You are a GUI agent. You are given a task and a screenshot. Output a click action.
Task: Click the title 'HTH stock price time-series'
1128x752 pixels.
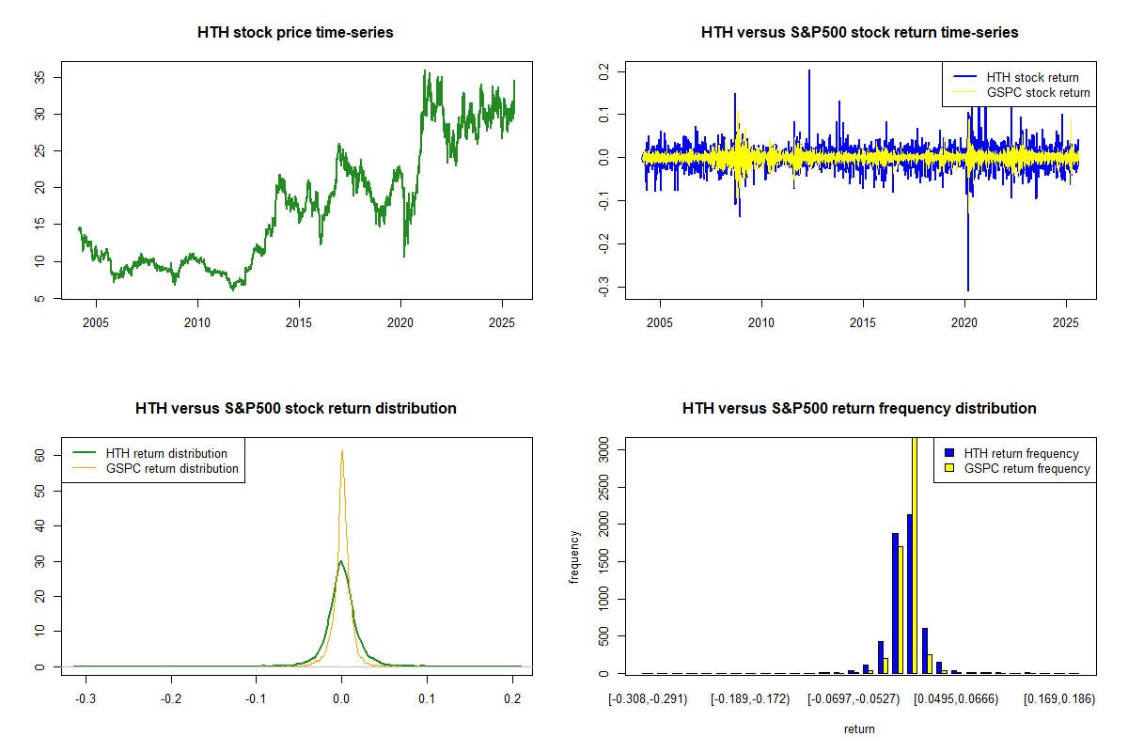pyautogui.click(x=295, y=33)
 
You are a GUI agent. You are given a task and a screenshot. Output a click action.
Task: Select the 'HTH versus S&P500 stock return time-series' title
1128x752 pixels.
pyautogui.click(x=859, y=33)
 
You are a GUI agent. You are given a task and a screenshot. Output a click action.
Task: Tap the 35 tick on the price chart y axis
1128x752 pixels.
pyautogui.click(x=40, y=77)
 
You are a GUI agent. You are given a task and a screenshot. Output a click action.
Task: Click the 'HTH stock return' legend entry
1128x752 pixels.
pyautogui.click(x=1032, y=77)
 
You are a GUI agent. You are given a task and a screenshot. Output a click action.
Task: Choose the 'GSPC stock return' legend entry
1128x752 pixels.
pyautogui.click(x=1038, y=92)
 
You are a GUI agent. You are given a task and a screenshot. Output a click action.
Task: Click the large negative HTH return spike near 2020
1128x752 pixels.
pyautogui.click(x=967, y=282)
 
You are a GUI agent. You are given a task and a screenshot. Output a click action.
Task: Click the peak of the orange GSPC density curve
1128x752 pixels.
pyautogui.click(x=342, y=451)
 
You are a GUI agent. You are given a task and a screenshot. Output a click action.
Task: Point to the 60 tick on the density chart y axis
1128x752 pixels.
pyautogui.click(x=40, y=454)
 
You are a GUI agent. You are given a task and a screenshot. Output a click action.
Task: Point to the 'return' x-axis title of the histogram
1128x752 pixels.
pyautogui.click(x=859, y=728)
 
